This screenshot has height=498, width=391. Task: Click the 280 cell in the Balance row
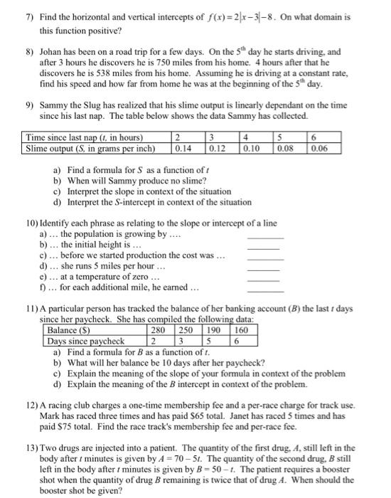tap(159, 331)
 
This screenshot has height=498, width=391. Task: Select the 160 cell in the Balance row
tap(242, 331)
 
